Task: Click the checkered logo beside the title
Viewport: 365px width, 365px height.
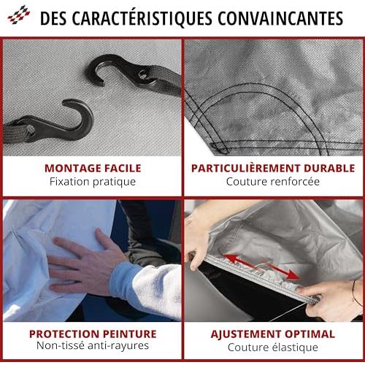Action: click(x=19, y=15)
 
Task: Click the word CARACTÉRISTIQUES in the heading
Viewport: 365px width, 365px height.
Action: click(x=142, y=18)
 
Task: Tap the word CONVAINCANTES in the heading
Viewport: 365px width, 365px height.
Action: click(x=280, y=18)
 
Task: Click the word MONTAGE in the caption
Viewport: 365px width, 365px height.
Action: click(x=73, y=169)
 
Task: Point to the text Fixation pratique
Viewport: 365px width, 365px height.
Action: click(x=93, y=182)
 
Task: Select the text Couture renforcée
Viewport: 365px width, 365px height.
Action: click(x=273, y=182)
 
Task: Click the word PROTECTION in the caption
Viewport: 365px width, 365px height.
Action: click(x=64, y=334)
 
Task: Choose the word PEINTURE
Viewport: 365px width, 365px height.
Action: click(x=130, y=334)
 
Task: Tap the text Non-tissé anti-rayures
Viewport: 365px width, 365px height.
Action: click(x=93, y=345)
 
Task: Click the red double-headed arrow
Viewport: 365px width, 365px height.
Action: click(x=261, y=266)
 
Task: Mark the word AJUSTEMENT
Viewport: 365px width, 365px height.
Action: click(x=246, y=334)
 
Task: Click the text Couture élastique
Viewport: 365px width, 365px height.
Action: click(x=273, y=347)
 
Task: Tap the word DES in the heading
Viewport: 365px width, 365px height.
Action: click(x=53, y=18)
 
